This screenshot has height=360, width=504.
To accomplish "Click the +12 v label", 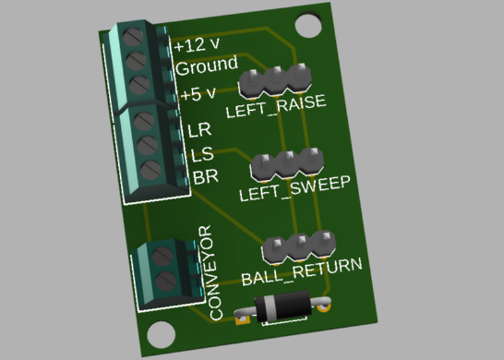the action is click(x=197, y=44).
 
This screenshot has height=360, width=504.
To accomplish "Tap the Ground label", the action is click(x=207, y=66).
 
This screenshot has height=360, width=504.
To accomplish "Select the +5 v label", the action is click(x=198, y=93).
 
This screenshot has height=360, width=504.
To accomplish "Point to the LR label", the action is click(x=199, y=130).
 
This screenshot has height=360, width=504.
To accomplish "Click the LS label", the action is click(x=202, y=154).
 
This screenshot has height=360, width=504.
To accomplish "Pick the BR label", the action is click(x=206, y=177).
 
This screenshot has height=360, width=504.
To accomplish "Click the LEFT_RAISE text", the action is click(x=276, y=106).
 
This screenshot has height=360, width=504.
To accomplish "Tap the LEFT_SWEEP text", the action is click(x=295, y=188).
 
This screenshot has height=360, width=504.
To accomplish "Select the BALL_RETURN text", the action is click(x=302, y=271).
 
